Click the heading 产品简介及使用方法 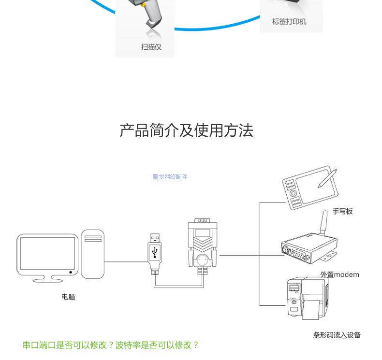point(186,130)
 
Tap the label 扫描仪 point(151,47)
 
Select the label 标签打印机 point(289,22)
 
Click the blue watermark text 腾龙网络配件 point(170,177)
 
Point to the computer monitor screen point(47,254)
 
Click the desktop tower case point(92,254)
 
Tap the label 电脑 point(68,297)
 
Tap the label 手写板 point(342,211)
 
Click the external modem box point(307,247)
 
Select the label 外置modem point(339,274)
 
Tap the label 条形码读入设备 point(337,335)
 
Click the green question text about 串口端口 point(111,345)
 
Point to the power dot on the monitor point(71,272)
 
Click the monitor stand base point(47,279)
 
